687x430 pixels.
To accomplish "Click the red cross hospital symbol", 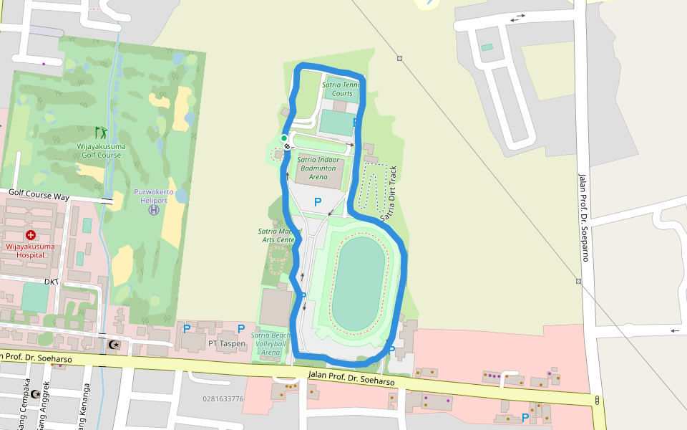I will (x=31, y=235).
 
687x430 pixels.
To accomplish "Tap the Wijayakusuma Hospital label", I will (x=31, y=250).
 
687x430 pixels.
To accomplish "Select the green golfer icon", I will (x=101, y=133).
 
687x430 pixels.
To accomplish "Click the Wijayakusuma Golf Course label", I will (x=101, y=150).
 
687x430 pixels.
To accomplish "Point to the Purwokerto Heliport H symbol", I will (x=153, y=210).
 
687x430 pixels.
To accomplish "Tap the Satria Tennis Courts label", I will (x=340, y=89).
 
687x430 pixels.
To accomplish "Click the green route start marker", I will (x=284, y=138).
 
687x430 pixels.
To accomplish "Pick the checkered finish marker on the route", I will (x=288, y=146).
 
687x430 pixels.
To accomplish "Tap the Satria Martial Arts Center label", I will (x=277, y=235).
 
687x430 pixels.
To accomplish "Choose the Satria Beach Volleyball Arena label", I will (x=270, y=343).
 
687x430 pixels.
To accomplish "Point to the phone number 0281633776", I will (x=223, y=399).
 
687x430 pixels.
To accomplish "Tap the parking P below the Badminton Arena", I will (x=318, y=202).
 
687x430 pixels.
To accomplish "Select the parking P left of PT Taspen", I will (x=186, y=329).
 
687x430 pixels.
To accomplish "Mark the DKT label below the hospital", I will (x=51, y=282).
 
